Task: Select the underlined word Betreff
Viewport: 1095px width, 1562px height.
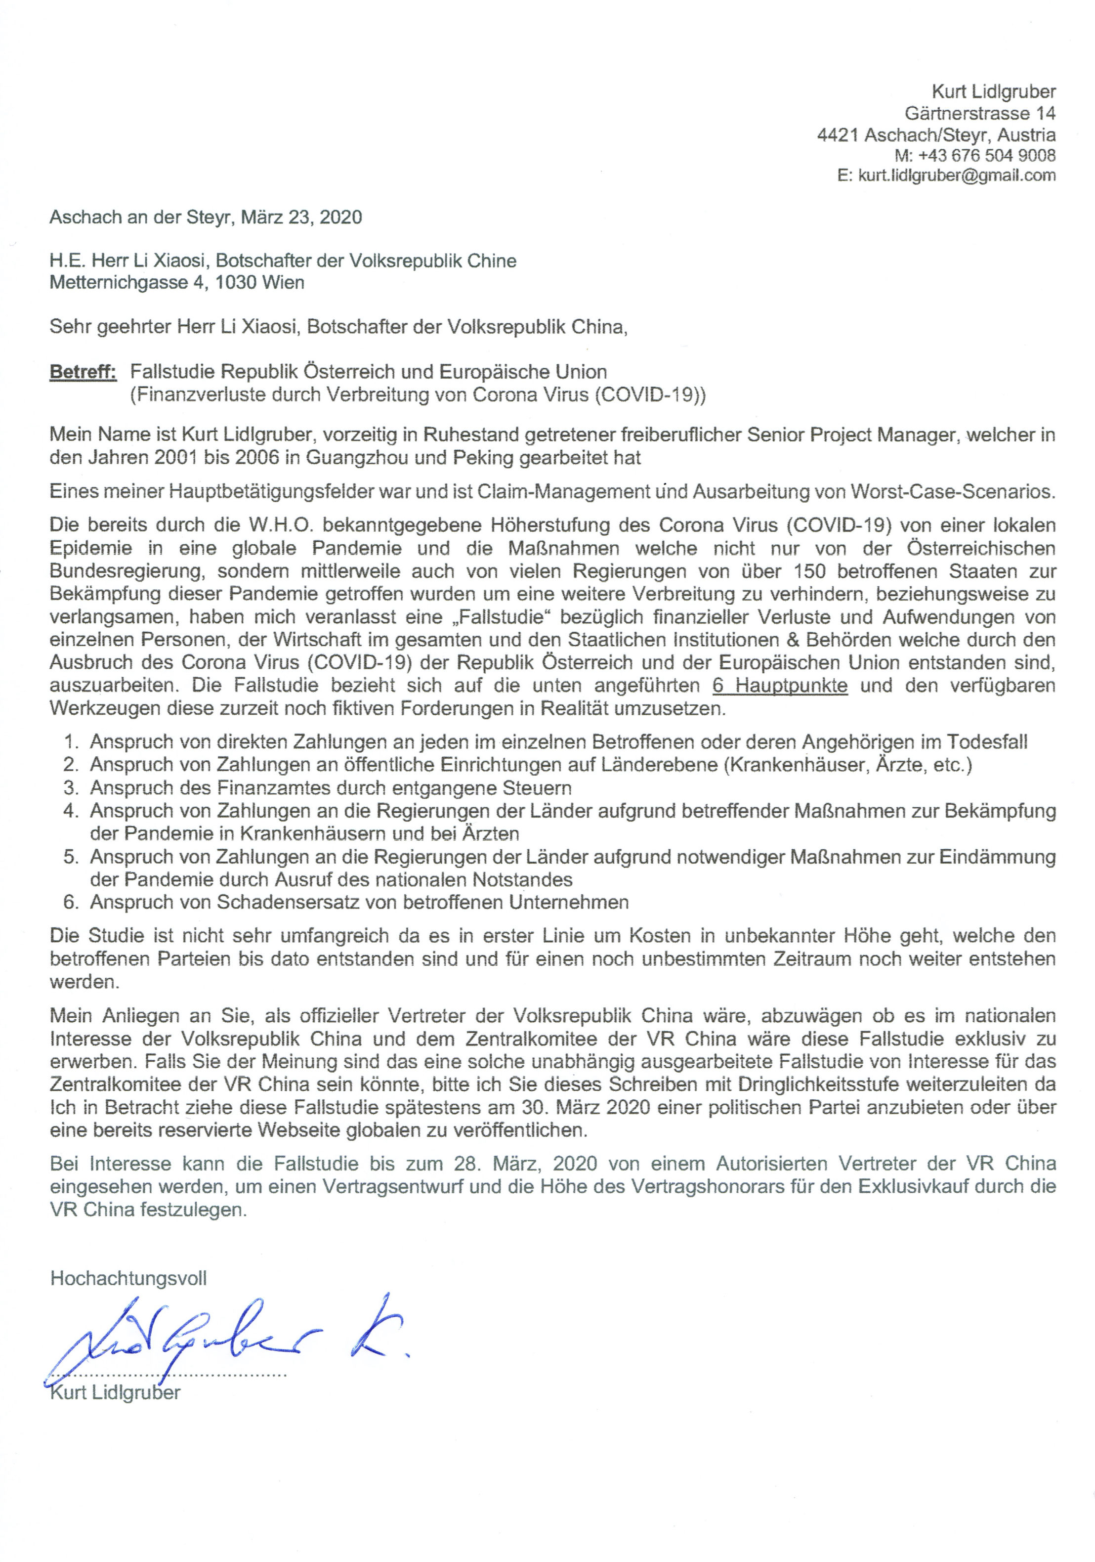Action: (x=83, y=372)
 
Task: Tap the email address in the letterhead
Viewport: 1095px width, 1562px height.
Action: (x=956, y=175)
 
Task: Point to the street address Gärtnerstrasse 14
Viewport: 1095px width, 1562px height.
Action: (x=979, y=112)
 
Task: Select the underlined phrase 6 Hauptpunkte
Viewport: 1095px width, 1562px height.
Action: (x=779, y=685)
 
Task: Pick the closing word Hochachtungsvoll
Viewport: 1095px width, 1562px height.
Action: (x=128, y=1278)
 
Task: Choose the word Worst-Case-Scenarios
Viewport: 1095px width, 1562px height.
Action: (x=952, y=491)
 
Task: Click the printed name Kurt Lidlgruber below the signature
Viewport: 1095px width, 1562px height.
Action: (x=116, y=1392)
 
